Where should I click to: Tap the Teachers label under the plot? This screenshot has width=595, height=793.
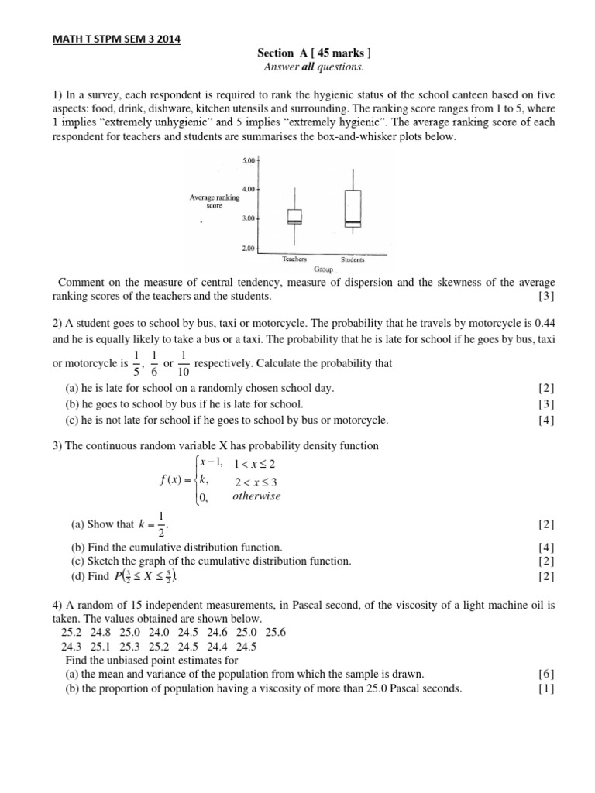[x=294, y=260]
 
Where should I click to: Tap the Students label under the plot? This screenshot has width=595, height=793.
[x=353, y=260]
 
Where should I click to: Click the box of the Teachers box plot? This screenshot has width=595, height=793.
[x=294, y=216]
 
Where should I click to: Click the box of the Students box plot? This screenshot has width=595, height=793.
[x=353, y=208]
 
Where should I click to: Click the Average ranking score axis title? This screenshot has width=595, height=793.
[x=215, y=201]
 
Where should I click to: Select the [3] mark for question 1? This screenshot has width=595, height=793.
[x=546, y=296]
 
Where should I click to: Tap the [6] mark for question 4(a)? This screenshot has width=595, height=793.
[x=546, y=674]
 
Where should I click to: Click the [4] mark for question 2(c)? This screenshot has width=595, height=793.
[x=546, y=421]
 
